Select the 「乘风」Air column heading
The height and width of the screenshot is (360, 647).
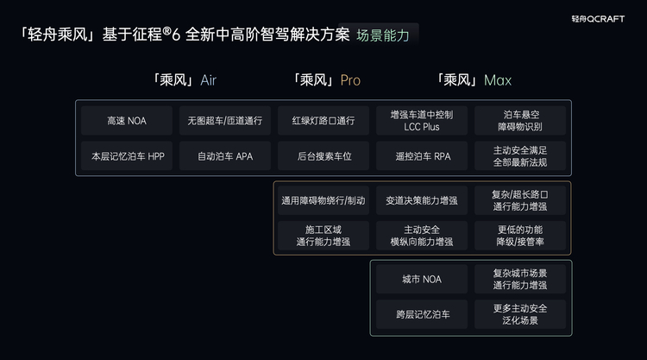[184, 80]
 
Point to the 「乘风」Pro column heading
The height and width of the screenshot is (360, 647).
[327, 80]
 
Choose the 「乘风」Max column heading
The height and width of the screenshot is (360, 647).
[474, 80]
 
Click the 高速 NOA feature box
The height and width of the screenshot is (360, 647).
[127, 121]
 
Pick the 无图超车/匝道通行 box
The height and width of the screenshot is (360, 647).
[224, 121]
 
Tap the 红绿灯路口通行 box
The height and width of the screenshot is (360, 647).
[323, 121]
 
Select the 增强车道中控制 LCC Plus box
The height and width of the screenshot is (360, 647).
[422, 121]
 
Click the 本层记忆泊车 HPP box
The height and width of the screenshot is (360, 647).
[127, 156]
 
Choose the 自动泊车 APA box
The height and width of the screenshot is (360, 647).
[224, 156]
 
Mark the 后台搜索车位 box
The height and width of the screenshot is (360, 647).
[323, 156]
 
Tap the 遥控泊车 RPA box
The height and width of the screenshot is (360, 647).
[422, 156]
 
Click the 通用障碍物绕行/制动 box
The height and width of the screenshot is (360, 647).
[323, 200]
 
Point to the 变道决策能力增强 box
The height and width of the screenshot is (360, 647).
[422, 200]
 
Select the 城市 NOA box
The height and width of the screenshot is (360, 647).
[422, 279]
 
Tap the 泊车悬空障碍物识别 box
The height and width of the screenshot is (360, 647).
[520, 121]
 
